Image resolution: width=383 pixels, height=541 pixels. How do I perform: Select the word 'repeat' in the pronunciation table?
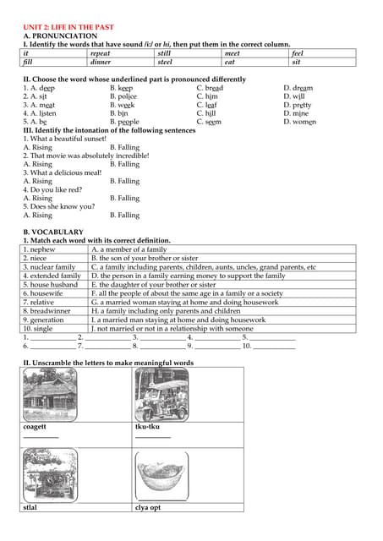click(100, 53)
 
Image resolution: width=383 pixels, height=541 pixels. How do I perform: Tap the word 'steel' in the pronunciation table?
click(165, 62)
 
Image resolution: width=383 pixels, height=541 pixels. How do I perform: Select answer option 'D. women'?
click(299, 122)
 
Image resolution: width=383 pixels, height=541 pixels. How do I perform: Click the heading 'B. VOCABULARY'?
click(53, 232)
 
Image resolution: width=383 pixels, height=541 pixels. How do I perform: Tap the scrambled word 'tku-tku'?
click(147, 427)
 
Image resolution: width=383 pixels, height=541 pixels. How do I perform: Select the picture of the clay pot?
click(161, 478)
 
